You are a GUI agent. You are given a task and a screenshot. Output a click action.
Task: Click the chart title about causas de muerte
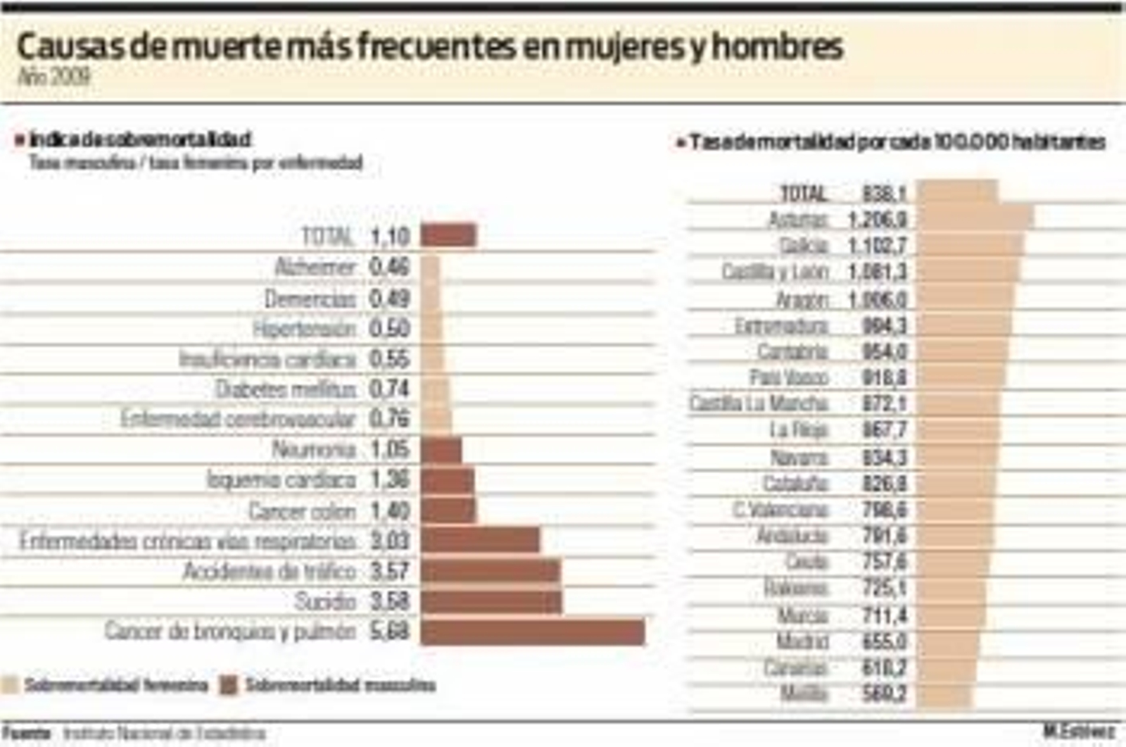coord(429,47)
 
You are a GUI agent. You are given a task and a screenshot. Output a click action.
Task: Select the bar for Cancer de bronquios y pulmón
coord(533,632)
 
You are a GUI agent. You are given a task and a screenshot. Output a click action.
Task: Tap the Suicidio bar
coord(491,601)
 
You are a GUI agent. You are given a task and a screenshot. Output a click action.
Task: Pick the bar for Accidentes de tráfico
coord(491,571)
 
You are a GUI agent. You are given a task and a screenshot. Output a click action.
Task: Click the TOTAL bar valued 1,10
coord(448,235)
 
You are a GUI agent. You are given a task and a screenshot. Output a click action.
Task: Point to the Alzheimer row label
coord(315,267)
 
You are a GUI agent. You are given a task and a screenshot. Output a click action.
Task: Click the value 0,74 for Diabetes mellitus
coord(389,389)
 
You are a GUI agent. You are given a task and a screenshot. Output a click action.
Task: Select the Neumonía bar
coord(441,450)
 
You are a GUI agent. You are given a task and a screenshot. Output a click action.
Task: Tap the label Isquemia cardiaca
coord(281,480)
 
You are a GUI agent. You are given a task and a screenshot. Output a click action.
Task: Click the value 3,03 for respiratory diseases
coord(389,541)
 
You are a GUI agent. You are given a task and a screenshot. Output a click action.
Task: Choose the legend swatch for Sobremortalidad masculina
coord(229,685)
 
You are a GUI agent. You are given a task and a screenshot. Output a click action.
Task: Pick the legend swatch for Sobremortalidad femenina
coord(10,685)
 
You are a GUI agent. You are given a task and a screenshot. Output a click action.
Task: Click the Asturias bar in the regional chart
coord(975,218)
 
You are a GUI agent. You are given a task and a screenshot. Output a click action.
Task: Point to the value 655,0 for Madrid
coord(885,641)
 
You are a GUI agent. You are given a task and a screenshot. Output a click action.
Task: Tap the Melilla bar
coord(944,694)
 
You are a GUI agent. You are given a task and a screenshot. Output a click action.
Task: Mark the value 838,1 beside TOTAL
coord(885,193)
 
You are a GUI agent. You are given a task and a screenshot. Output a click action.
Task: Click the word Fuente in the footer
coord(26,734)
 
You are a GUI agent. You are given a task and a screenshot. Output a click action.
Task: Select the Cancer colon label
coord(302,510)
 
